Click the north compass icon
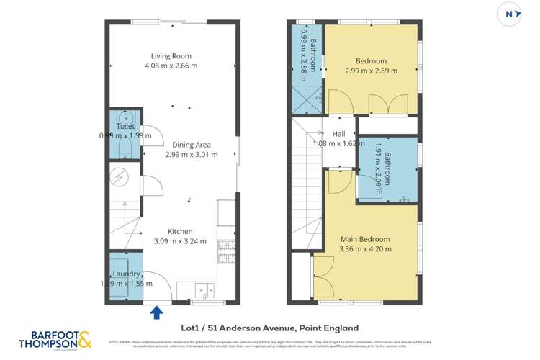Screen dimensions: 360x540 pyautogui.click(x=509, y=14)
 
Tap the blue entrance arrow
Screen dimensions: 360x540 pyautogui.click(x=157, y=311)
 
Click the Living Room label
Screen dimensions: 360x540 pyautogui.click(x=171, y=55)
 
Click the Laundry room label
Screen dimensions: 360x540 pyautogui.click(x=125, y=274)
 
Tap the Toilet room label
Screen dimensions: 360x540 pyautogui.click(x=125, y=126)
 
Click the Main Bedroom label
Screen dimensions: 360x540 pyautogui.click(x=364, y=239)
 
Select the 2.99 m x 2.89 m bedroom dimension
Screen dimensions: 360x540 pyautogui.click(x=371, y=71)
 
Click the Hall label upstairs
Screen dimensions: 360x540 pyautogui.click(x=338, y=134)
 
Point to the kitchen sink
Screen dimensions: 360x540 pyautogui.click(x=203, y=289)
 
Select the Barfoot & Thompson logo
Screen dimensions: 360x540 pyautogui.click(x=56, y=339)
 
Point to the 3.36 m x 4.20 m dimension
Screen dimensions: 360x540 pyautogui.click(x=364, y=249)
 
